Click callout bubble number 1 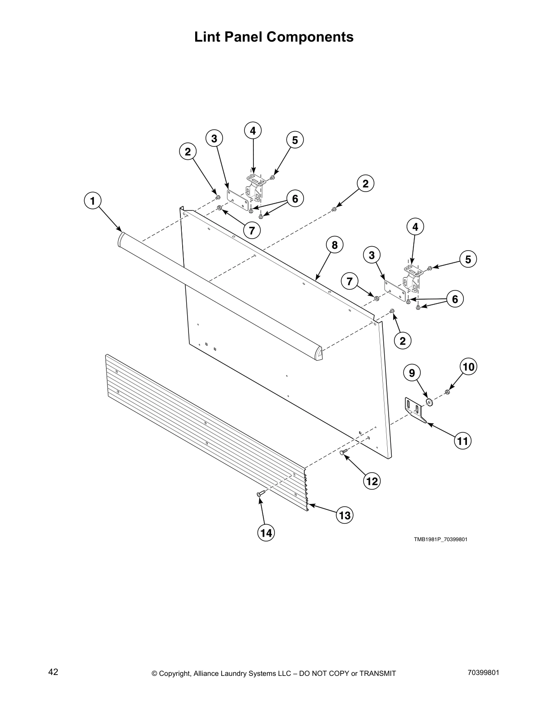click(x=92, y=201)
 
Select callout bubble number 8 click(x=334, y=245)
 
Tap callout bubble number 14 click(x=266, y=533)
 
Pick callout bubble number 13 click(x=344, y=515)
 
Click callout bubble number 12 click(x=372, y=481)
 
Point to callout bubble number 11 click(x=462, y=441)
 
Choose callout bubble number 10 click(x=468, y=367)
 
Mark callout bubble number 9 click(x=412, y=372)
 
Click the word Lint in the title click(x=207, y=37)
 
